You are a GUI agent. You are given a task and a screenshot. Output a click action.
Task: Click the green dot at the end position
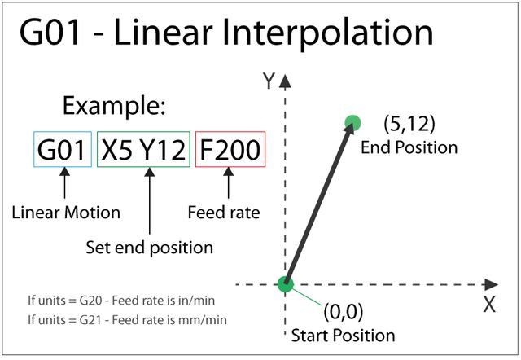[x=352, y=123]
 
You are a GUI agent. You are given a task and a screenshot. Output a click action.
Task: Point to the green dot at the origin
[x=286, y=284]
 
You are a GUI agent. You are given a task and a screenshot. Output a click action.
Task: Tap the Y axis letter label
[x=269, y=81]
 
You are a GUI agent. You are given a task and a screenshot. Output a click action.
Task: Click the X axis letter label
[x=489, y=304]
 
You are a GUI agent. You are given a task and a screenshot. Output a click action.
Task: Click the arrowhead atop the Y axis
[x=285, y=81]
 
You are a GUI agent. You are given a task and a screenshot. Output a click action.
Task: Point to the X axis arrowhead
[x=491, y=284]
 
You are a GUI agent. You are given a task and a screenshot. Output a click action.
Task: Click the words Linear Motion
[x=66, y=213]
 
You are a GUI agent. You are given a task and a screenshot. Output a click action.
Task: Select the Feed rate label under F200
[x=224, y=213]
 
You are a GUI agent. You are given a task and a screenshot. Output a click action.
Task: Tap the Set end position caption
[x=149, y=248]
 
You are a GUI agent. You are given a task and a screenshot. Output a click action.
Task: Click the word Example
[x=114, y=106]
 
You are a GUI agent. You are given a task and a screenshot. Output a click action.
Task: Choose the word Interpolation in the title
[x=328, y=33]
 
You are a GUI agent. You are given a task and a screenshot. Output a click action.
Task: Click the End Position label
[x=409, y=147]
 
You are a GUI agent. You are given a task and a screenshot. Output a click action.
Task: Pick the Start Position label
[x=344, y=336]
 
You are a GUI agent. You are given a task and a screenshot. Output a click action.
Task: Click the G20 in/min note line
[x=121, y=301]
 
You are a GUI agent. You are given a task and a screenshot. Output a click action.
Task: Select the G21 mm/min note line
[x=127, y=320]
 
